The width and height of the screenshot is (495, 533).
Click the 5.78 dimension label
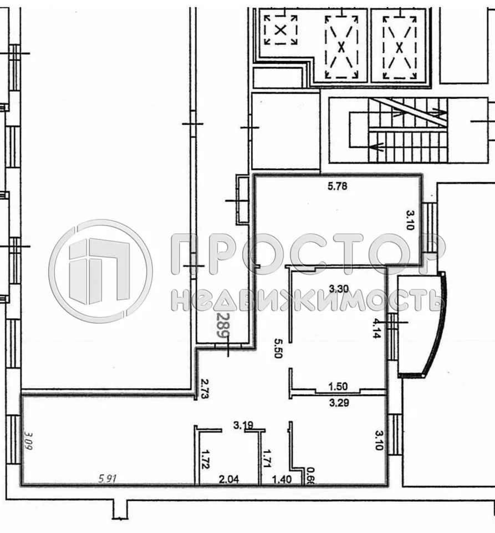[338, 187]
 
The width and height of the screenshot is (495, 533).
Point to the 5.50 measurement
[279, 348]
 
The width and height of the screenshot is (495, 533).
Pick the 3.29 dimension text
[338, 404]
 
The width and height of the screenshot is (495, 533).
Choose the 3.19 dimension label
[243, 426]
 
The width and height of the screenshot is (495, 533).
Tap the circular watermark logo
[100, 271]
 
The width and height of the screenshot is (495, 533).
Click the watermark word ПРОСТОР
[307, 254]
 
